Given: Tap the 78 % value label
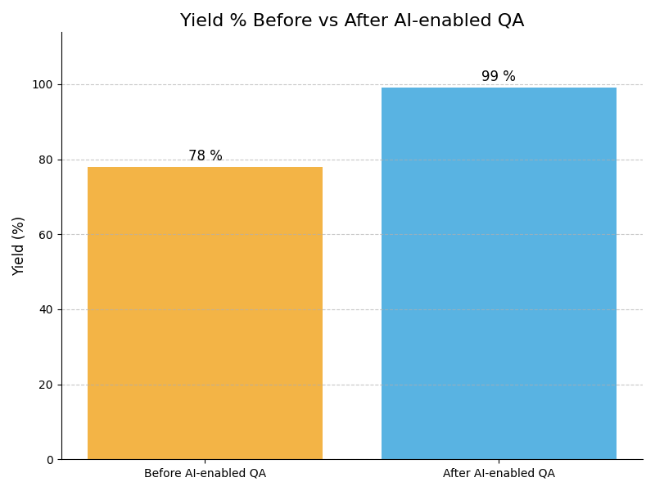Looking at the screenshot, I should click(206, 155).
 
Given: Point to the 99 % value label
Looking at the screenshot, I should click(499, 77).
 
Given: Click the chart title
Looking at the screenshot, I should click(352, 21).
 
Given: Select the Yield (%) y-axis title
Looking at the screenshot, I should click(19, 245).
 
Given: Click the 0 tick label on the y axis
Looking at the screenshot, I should click(49, 460).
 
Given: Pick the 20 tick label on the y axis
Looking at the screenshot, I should click(46, 385).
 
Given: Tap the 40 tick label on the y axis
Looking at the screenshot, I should click(46, 309).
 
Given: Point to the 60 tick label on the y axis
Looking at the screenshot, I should click(46, 235).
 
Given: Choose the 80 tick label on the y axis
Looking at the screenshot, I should click(46, 160).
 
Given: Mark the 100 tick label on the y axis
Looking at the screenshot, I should click(43, 84).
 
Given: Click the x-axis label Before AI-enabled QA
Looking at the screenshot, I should click(205, 473).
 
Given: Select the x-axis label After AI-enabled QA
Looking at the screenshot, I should click(499, 473).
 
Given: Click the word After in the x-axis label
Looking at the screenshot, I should click(456, 473).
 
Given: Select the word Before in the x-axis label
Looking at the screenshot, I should click(163, 473).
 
